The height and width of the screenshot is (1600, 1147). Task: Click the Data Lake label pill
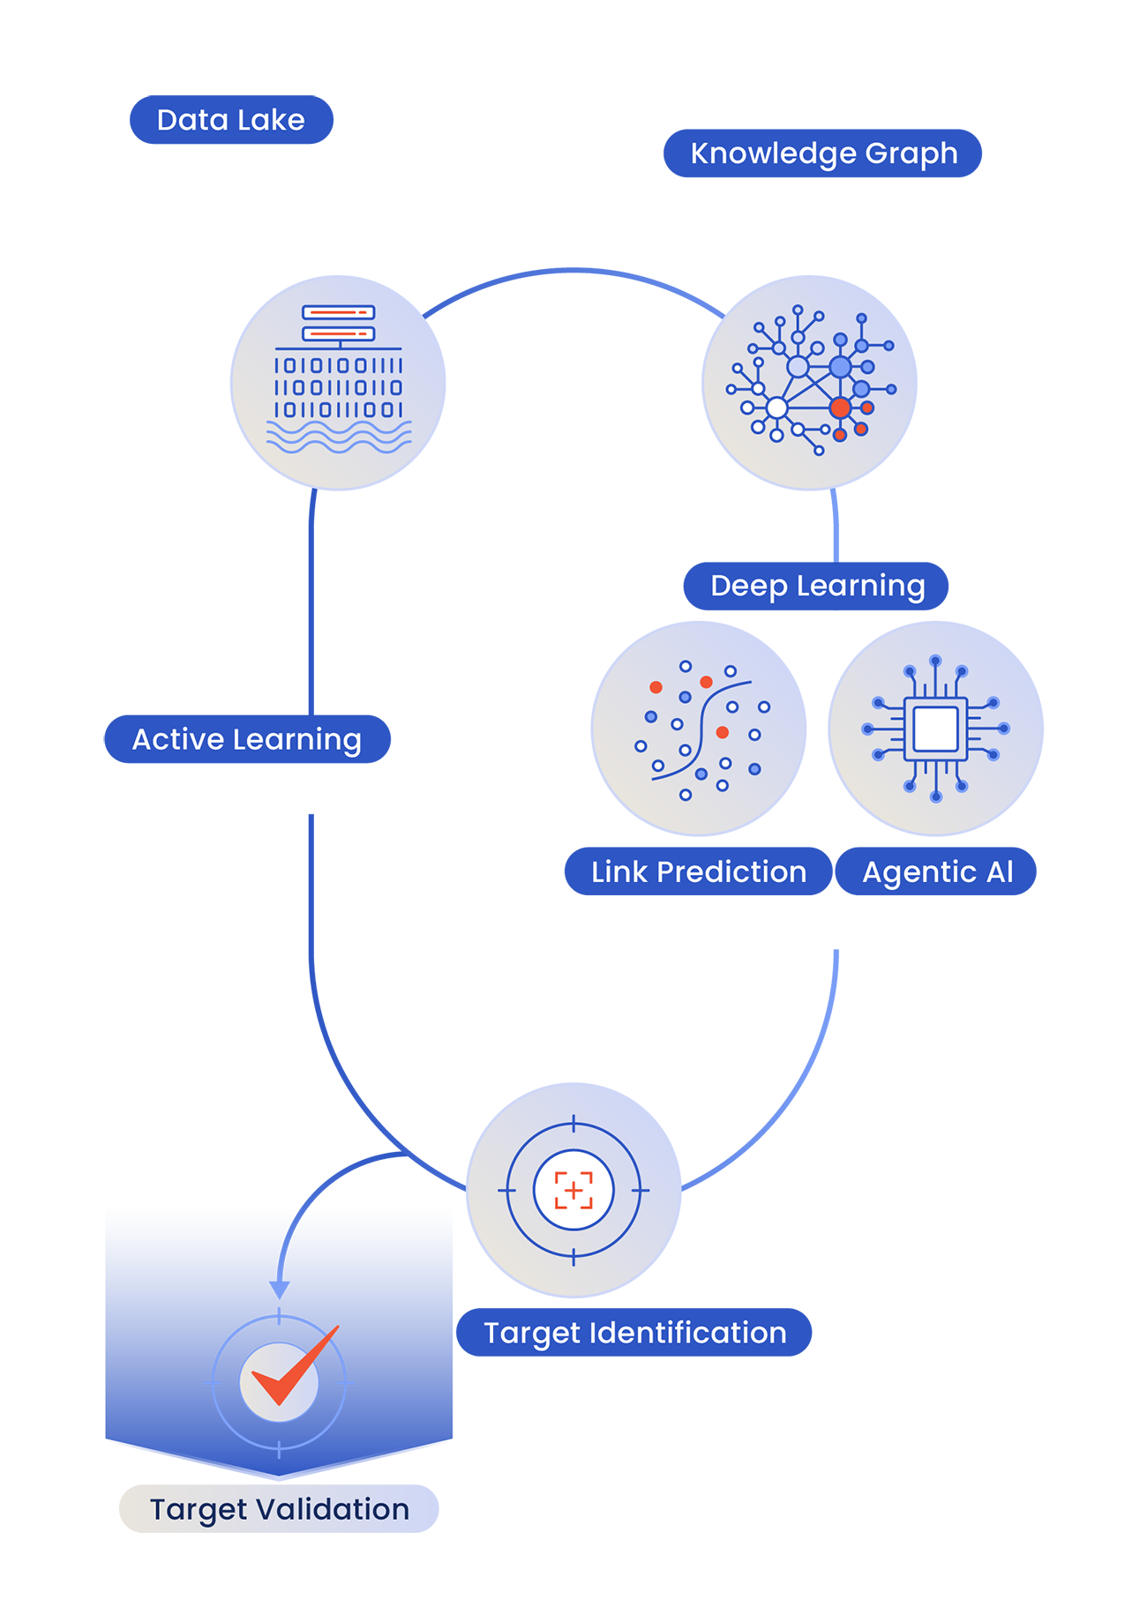click(x=231, y=120)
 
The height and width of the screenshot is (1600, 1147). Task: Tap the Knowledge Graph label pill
click(x=822, y=153)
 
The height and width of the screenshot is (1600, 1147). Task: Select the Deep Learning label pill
click(x=816, y=586)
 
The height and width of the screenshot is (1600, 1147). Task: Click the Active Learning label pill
click(x=247, y=739)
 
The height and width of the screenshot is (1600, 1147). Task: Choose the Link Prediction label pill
click(x=698, y=871)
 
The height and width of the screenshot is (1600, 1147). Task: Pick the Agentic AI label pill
click(x=936, y=871)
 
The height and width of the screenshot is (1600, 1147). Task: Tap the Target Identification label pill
click(x=633, y=1332)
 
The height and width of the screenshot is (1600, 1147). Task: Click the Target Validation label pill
click(x=279, y=1508)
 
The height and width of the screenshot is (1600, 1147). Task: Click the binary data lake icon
click(x=338, y=382)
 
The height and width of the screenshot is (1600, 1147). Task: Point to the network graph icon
click(x=809, y=382)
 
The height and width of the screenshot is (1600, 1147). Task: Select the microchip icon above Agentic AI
click(x=935, y=729)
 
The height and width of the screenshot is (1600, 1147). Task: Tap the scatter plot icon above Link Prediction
click(x=699, y=729)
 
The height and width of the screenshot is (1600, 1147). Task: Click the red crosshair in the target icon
click(x=573, y=1190)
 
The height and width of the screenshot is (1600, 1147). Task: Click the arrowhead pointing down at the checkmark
click(x=279, y=1290)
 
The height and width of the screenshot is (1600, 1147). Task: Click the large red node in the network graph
click(x=840, y=407)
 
